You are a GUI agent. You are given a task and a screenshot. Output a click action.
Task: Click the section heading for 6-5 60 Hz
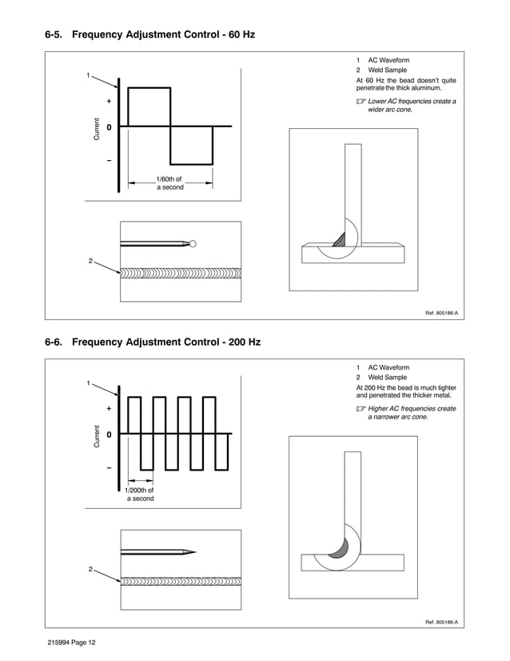150,37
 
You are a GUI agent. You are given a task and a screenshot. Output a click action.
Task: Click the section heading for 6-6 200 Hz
153,343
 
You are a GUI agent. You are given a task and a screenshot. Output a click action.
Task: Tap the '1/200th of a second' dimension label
140,494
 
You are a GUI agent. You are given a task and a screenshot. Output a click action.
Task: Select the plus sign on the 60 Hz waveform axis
109,102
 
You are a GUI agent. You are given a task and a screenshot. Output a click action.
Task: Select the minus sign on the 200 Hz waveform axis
109,468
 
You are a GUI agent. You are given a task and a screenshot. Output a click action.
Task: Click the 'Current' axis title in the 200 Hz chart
96,435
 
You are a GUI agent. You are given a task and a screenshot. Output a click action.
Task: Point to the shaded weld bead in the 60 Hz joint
339,238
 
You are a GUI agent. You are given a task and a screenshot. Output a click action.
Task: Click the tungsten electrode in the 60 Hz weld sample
156,243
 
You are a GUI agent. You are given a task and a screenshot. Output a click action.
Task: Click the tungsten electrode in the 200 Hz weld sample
156,551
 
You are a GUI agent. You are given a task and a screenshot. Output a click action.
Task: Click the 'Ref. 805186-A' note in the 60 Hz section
440,312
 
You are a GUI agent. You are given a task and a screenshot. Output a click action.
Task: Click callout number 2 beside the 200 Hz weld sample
90,569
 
